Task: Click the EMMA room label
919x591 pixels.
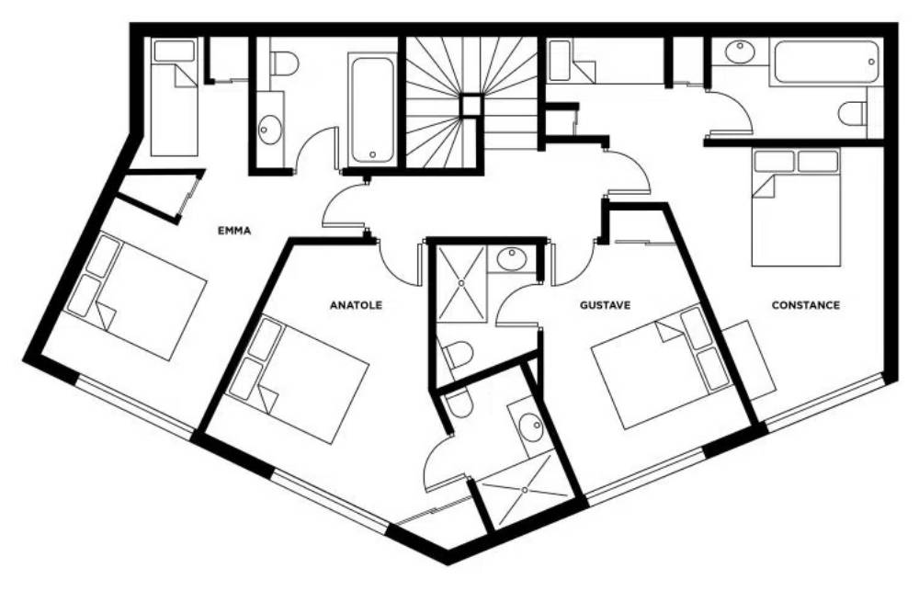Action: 234,231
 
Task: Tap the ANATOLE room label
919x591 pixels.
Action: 356,305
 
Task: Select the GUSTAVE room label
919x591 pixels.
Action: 605,305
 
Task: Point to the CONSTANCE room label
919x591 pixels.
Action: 805,305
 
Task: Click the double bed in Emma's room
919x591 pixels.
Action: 134,296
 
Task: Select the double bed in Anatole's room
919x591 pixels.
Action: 298,380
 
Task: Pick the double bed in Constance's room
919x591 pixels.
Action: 796,208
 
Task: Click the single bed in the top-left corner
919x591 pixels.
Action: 174,97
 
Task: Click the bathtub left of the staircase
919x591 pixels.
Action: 371,109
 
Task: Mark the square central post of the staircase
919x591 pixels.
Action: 470,107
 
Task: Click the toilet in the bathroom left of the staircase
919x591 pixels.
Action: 286,63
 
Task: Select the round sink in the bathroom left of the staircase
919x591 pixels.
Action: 269,129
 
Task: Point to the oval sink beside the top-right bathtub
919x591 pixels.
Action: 740,51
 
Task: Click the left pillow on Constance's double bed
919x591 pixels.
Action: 774,161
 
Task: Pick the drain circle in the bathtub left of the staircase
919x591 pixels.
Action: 373,154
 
